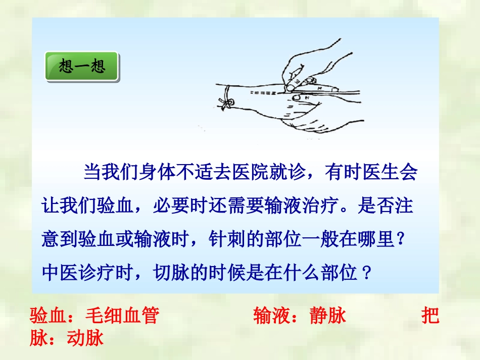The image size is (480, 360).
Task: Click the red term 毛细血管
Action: (122, 316)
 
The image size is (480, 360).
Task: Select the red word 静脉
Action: (327, 316)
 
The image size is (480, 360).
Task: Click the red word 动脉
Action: (85, 338)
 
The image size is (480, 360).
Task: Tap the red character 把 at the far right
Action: (430, 316)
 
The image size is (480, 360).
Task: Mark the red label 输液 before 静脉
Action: (272, 316)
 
